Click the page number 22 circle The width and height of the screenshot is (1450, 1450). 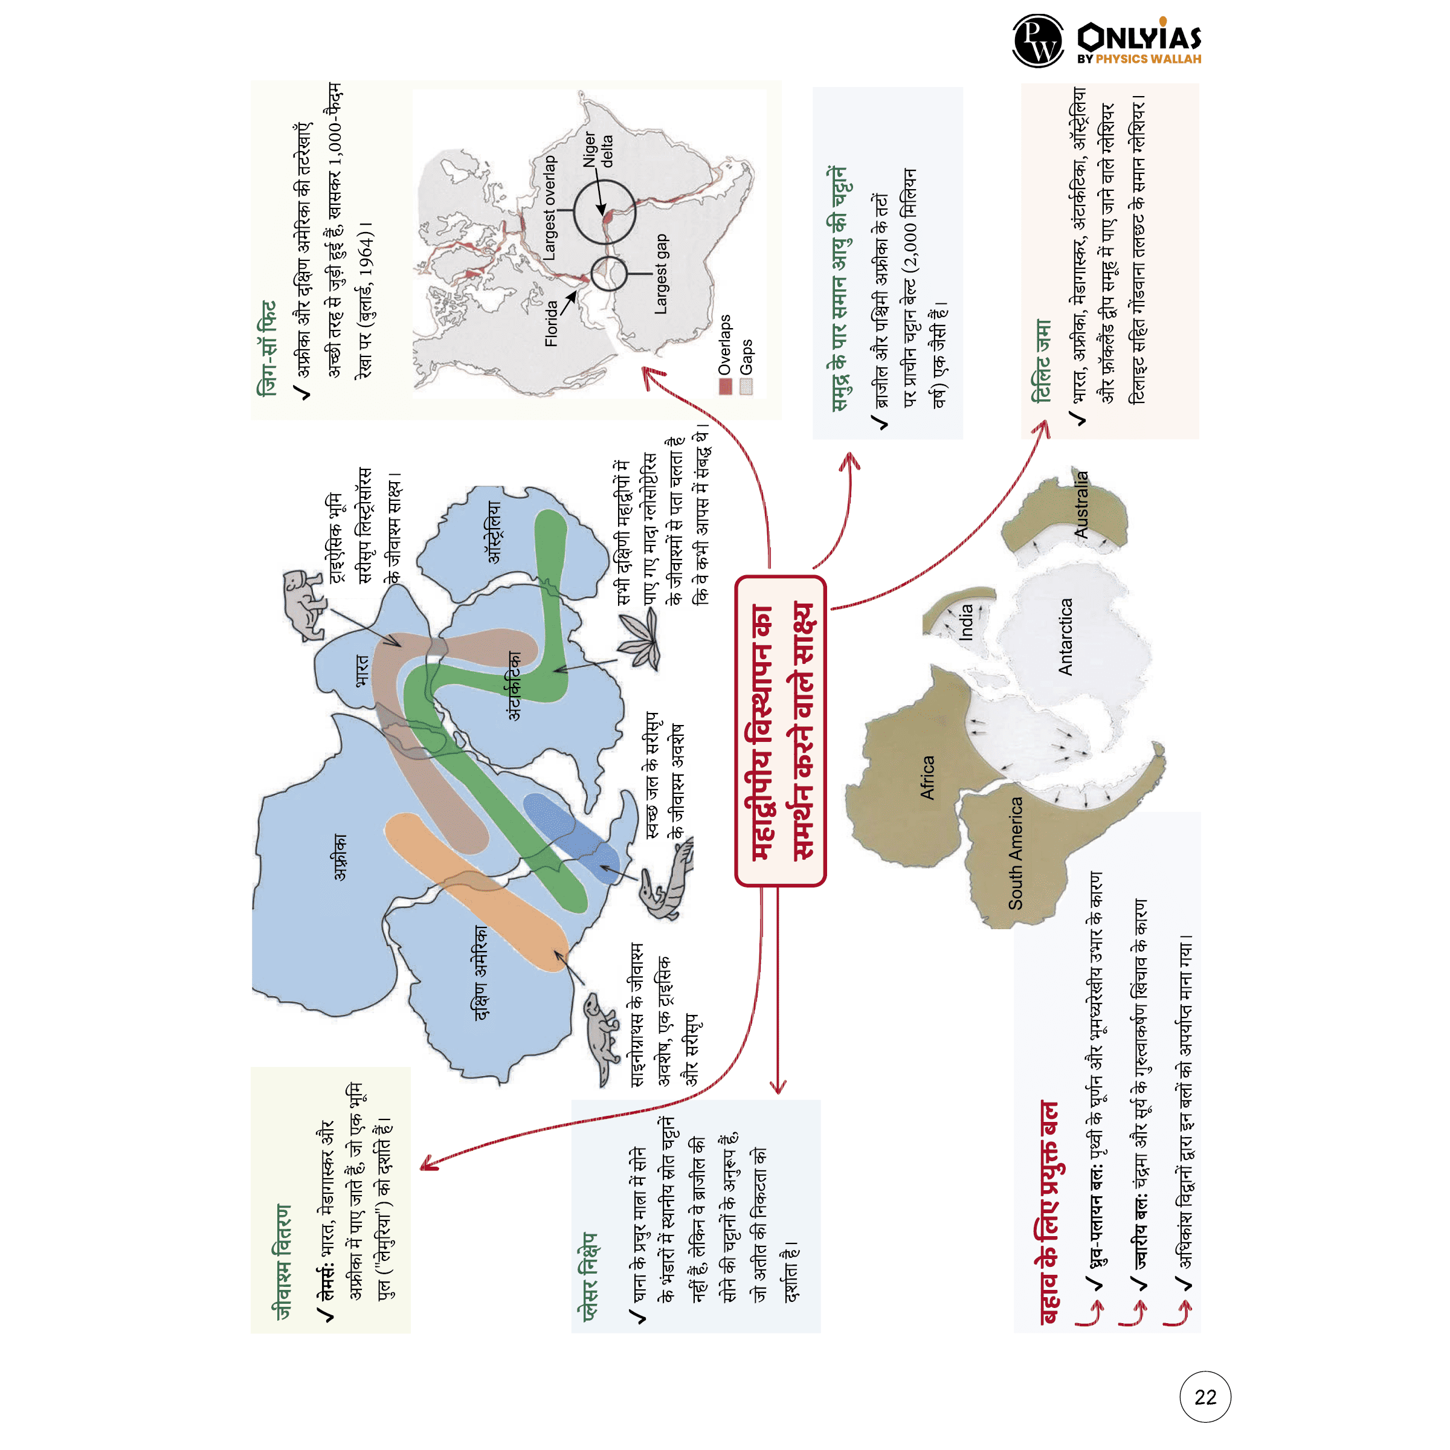pyautogui.click(x=1205, y=1397)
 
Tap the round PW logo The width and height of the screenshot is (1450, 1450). pyautogui.click(x=1038, y=41)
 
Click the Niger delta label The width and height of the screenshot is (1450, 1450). pyautogui.click(x=598, y=149)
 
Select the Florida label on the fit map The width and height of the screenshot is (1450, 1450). pyautogui.click(x=551, y=323)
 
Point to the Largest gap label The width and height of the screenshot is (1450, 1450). pyautogui.click(x=660, y=274)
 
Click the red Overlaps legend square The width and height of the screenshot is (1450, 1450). pyautogui.click(x=725, y=387)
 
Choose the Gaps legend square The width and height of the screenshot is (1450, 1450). pyautogui.click(x=746, y=387)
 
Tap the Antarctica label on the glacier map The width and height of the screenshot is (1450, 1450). pyautogui.click(x=1065, y=636)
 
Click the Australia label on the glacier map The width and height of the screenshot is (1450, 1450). pyautogui.click(x=1081, y=504)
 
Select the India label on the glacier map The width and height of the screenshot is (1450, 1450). pyautogui.click(x=967, y=622)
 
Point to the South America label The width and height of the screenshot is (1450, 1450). pyautogui.click(x=1015, y=853)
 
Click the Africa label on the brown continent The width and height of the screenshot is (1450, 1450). pyautogui.click(x=927, y=778)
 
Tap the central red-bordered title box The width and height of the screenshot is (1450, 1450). pyautogui.click(x=781, y=730)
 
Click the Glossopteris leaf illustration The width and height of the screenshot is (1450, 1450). pyautogui.click(x=641, y=638)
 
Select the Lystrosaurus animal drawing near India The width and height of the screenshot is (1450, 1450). pyautogui.click(x=303, y=604)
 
